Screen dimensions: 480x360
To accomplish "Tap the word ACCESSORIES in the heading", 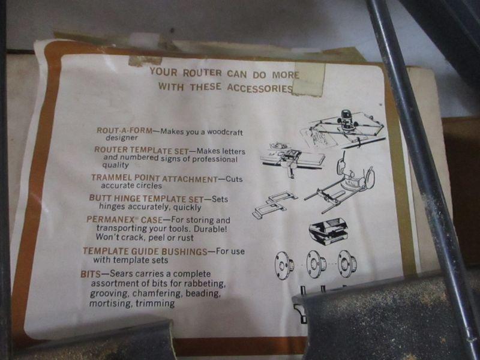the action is click(x=260, y=88).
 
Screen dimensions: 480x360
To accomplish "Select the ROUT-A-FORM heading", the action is click(x=124, y=130).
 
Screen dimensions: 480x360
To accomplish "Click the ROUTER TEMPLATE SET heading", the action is click(x=142, y=150).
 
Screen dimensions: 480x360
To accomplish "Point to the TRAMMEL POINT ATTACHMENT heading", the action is click(x=154, y=178).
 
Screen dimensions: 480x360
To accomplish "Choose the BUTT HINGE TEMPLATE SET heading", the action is click(x=146, y=199).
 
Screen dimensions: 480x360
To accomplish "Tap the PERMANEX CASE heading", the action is click(x=125, y=220).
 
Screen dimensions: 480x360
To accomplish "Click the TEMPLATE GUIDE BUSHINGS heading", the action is click(x=145, y=251).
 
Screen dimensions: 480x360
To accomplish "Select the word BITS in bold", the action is click(x=91, y=274).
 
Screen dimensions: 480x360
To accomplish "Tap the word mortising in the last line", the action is click(x=110, y=304).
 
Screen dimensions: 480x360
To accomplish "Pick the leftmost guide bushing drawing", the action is click(x=284, y=265).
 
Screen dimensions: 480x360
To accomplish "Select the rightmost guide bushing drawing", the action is click(x=347, y=264).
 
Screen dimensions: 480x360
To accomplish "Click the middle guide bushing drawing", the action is click(x=316, y=264).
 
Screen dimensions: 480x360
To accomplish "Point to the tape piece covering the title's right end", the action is click(x=309, y=79).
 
